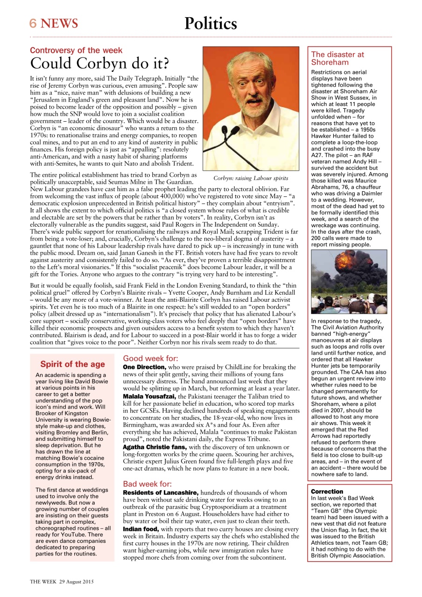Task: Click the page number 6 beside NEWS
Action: [33, 23]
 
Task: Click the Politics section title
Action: [211, 23]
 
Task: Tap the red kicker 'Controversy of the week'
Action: [76, 50]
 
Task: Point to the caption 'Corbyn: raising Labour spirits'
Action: [251, 178]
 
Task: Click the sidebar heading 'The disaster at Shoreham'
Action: [338, 58]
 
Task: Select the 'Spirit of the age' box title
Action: [72, 364]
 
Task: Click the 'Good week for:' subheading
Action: [150, 359]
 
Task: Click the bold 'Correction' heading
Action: [327, 492]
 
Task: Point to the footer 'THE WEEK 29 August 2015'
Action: [63, 582]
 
